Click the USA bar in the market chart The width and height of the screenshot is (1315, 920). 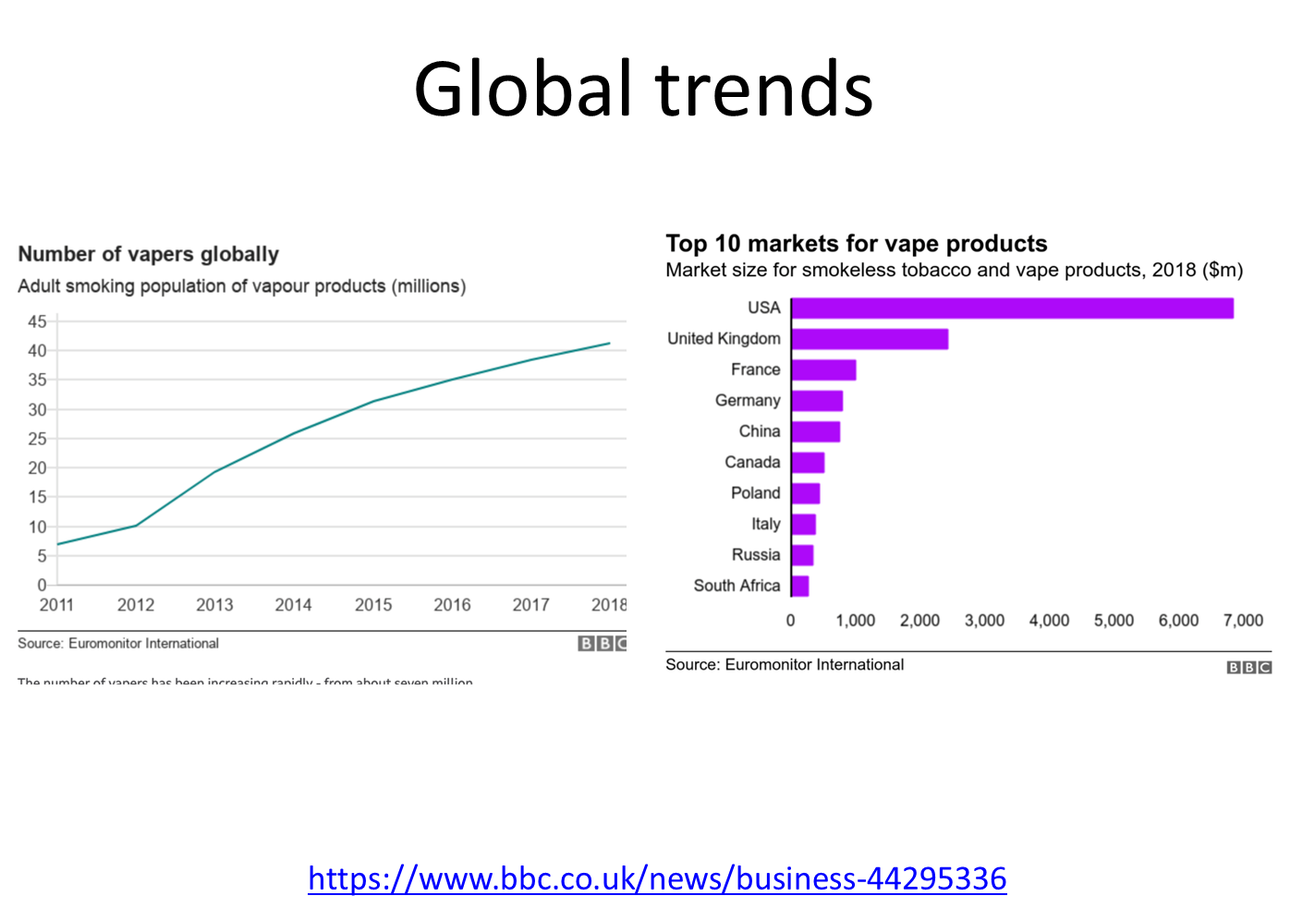(1012, 309)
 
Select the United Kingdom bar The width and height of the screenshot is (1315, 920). (870, 339)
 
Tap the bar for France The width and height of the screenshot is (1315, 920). (823, 370)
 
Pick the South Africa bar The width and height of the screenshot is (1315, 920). (800, 587)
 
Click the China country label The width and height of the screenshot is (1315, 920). (760, 431)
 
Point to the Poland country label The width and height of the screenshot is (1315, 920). (756, 493)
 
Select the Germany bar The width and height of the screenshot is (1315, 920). (817, 401)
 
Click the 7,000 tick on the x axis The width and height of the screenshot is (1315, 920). (1243, 621)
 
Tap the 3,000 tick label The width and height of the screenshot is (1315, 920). (984, 621)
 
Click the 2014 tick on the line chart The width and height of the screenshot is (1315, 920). (293, 605)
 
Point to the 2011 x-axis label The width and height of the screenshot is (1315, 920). (56, 605)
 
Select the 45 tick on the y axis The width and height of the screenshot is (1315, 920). (37, 321)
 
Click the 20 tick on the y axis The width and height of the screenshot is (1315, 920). (37, 467)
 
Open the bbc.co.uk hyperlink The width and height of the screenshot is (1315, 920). (657, 878)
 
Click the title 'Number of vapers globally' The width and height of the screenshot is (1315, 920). (148, 254)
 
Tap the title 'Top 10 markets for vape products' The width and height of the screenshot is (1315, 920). (857, 244)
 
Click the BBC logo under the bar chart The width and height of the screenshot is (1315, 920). (1249, 667)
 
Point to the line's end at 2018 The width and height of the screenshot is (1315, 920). (609, 344)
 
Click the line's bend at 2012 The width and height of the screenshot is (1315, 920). (136, 526)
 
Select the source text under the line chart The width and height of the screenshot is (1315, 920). (118, 644)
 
